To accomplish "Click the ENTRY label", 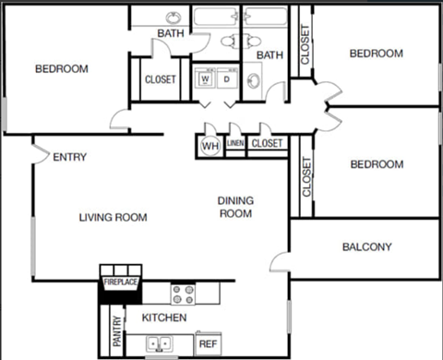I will point(69,157).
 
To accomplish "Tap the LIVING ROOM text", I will point(113,218).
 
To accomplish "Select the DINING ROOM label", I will point(235,207).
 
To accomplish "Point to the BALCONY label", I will point(366,246).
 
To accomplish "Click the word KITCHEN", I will point(164,318).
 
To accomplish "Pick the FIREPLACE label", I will point(120,282).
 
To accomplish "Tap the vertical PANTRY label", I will point(117,331).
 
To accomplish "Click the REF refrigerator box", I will point(209,343).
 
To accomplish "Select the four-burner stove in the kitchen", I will point(184,293).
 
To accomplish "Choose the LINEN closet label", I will point(235,144).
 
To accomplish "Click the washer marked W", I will point(206,79).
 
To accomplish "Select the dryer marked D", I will point(226,79).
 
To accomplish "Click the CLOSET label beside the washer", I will point(160,79).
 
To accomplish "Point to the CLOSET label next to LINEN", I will point(267,144).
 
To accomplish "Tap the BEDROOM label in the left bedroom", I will point(61,68).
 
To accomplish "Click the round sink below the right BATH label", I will point(255,82).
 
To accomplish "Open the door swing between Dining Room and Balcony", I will point(281,261).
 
